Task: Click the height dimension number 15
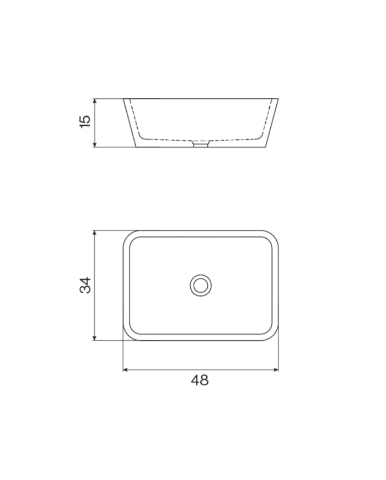tap(85, 122)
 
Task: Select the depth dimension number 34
tap(85, 286)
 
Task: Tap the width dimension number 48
tap(200, 380)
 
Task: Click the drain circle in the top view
tap(201, 286)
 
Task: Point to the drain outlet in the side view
tap(201, 144)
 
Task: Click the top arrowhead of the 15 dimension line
tap(95, 101)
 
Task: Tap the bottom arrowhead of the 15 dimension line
tap(95, 145)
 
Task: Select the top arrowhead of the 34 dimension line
tap(95, 233)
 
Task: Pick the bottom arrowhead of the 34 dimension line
tap(95, 337)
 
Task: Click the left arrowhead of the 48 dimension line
tap(125, 370)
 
